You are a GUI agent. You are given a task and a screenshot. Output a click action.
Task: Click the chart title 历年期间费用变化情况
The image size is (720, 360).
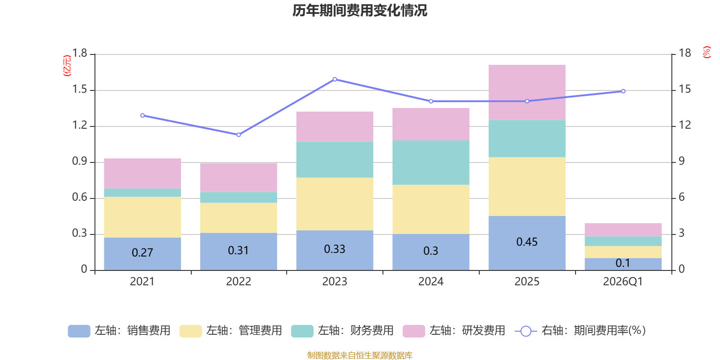click(360, 10)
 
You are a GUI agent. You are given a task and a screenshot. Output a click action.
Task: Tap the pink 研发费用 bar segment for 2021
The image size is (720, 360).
click(142, 173)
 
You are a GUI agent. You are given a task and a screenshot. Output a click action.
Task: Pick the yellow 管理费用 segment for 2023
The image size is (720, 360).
click(334, 204)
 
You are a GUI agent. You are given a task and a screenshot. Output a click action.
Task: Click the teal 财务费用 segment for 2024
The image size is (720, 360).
click(431, 162)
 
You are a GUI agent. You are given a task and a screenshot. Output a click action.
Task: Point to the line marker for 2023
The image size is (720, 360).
click(335, 79)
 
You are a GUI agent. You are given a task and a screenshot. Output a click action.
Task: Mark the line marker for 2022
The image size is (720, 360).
click(238, 135)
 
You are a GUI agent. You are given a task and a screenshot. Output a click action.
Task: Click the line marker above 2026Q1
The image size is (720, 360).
click(623, 91)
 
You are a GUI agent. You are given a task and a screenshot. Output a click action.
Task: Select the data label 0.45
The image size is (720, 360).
click(526, 242)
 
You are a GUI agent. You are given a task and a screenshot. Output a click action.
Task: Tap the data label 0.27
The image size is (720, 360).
click(142, 253)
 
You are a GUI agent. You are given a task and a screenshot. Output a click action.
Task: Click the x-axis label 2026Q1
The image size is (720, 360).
click(623, 282)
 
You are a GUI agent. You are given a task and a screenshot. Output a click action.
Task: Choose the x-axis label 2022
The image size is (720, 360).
click(238, 282)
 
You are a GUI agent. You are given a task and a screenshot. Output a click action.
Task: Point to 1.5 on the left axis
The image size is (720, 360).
click(80, 90)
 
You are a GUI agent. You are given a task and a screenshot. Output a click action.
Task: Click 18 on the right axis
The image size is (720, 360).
click(685, 53)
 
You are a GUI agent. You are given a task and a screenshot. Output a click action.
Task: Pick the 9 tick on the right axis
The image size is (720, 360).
click(681, 161)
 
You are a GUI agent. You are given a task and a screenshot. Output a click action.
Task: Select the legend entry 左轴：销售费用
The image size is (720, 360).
click(119, 331)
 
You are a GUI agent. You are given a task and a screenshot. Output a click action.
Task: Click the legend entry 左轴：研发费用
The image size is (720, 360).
click(454, 331)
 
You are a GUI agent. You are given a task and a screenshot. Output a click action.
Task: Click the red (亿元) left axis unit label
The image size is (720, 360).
click(67, 66)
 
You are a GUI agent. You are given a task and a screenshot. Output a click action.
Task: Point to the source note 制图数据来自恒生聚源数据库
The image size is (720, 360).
click(360, 355)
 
